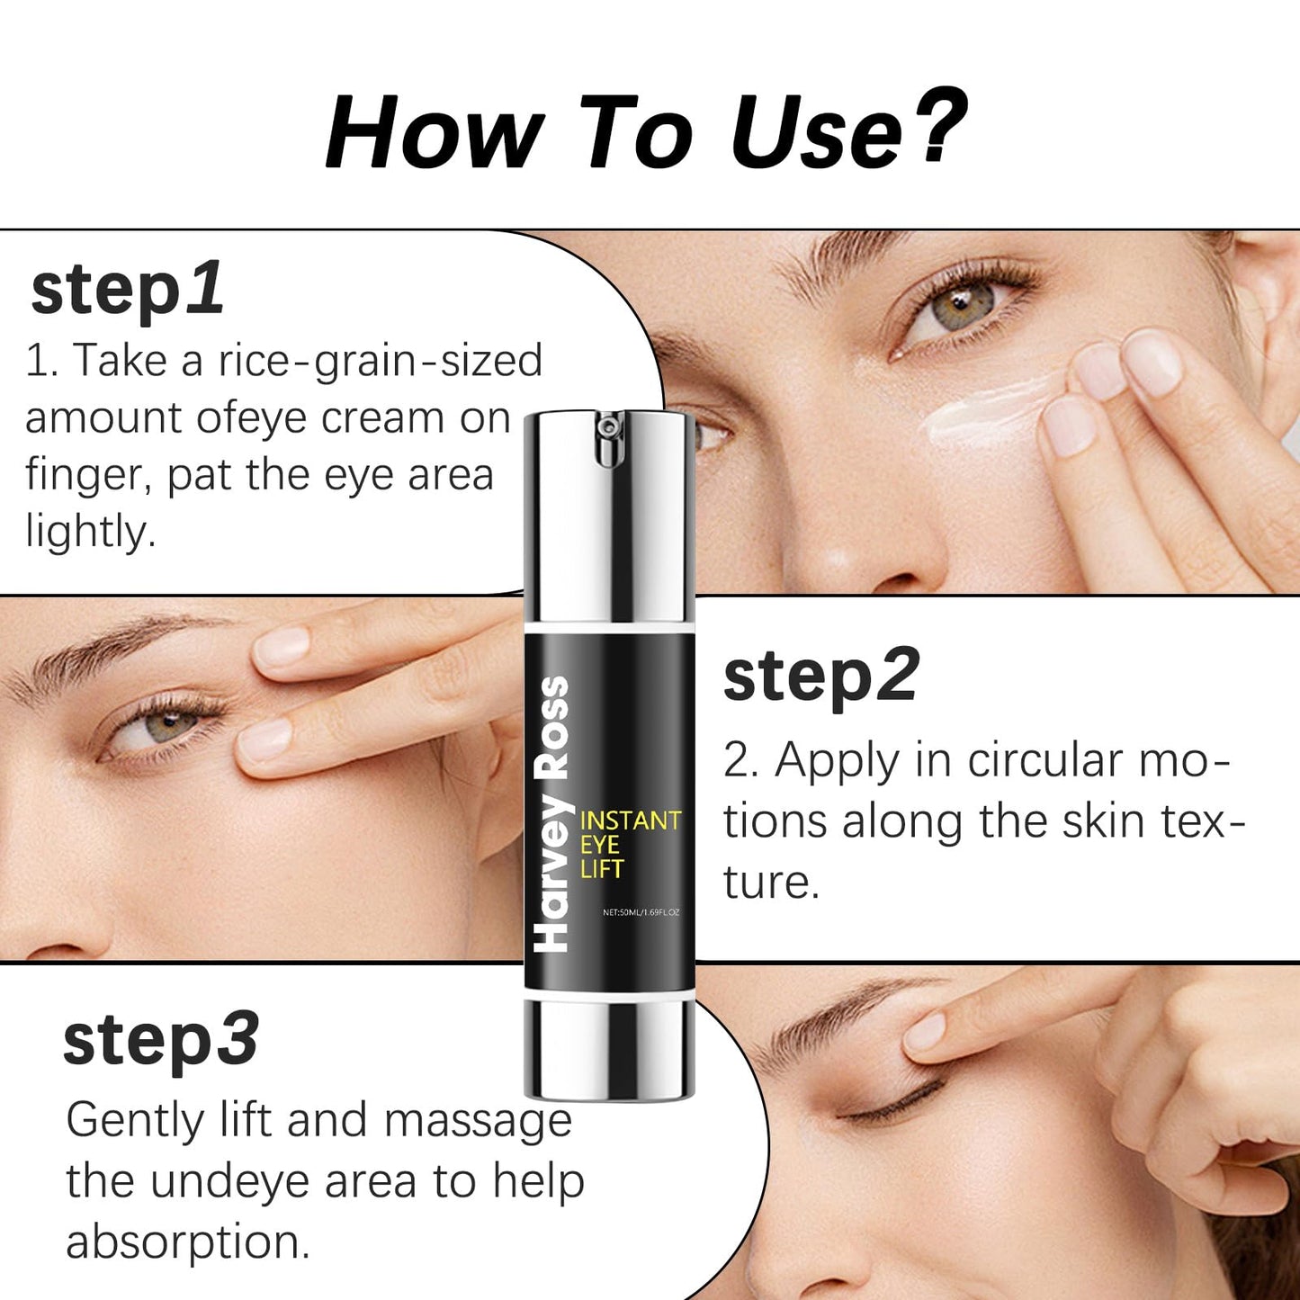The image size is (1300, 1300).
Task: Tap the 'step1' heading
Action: [127, 290]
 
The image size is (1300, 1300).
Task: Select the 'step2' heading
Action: [820, 677]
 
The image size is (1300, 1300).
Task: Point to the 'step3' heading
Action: [161, 1040]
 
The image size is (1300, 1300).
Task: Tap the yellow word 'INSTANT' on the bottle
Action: [630, 820]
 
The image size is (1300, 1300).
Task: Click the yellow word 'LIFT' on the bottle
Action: [601, 869]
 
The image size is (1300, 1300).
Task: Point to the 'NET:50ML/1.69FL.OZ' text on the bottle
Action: [641, 912]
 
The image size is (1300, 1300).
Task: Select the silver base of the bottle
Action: [610, 1048]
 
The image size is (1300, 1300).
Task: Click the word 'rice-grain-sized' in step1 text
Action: [380, 361]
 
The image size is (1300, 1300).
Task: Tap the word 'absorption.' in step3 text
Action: [187, 1242]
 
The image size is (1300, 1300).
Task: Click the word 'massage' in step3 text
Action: [477, 1121]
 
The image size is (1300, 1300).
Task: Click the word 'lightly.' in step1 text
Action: [90, 532]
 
